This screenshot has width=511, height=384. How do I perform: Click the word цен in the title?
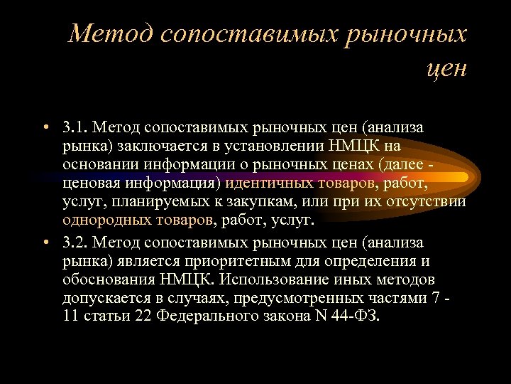click(x=447, y=68)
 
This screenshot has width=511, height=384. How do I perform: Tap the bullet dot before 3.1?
click(x=44, y=127)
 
